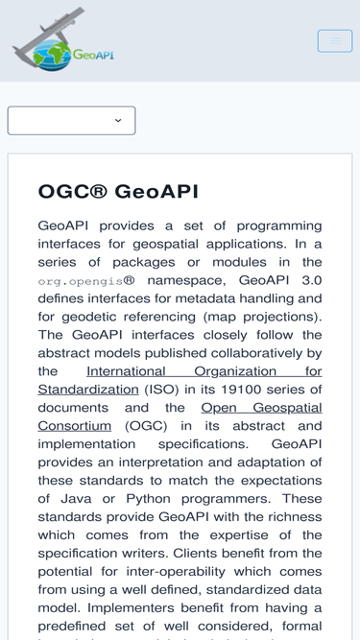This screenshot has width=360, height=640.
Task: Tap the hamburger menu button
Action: (x=335, y=40)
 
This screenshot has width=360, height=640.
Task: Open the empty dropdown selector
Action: (x=71, y=121)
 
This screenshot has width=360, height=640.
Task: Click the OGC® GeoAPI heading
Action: (x=118, y=191)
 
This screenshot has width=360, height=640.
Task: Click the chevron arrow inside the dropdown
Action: (x=118, y=121)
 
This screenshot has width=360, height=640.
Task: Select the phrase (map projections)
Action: (x=270, y=316)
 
